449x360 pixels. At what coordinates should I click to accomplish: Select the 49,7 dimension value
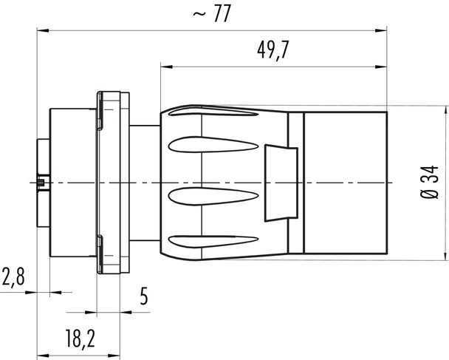coord(273,50)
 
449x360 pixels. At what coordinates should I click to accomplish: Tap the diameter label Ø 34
coord(433,183)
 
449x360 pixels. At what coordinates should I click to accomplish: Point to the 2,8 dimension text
coord(13,279)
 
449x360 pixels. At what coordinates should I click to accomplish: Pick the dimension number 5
coord(143,296)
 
